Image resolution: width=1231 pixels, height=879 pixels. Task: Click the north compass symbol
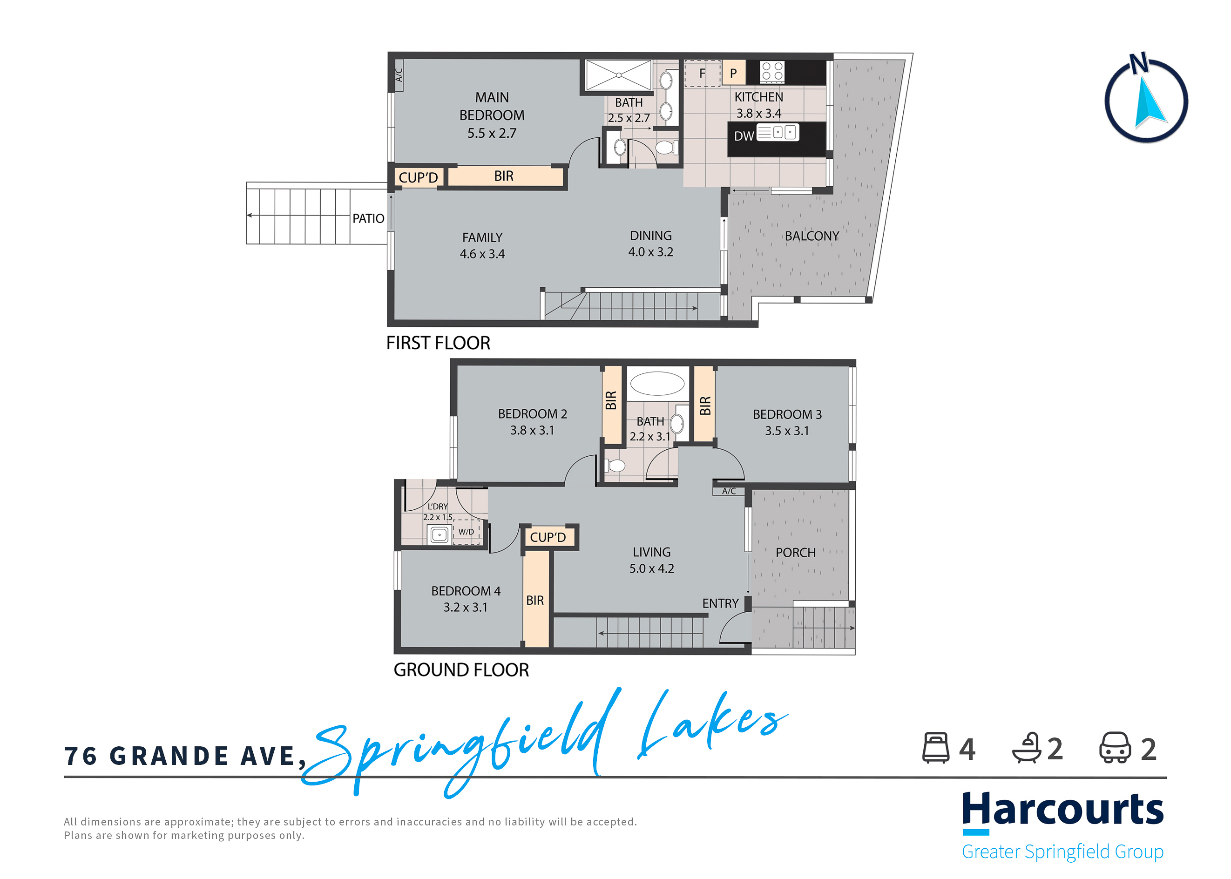1145,101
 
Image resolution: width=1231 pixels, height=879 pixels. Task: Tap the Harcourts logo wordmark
1062,809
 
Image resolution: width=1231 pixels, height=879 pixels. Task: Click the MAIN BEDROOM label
492,114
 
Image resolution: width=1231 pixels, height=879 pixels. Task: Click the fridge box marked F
702,73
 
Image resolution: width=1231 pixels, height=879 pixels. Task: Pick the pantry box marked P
733,73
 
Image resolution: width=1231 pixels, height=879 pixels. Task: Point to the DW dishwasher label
743,136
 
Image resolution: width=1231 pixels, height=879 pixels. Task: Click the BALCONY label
812,236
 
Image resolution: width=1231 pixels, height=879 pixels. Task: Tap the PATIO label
368,218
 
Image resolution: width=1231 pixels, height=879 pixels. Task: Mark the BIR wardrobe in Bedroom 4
535,600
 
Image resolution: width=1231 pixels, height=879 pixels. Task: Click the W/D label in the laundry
466,532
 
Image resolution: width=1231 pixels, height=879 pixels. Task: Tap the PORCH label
795,552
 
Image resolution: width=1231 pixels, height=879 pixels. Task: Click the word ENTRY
720,603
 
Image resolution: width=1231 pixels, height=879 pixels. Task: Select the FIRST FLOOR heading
438,343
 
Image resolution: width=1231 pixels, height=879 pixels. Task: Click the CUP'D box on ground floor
548,537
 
